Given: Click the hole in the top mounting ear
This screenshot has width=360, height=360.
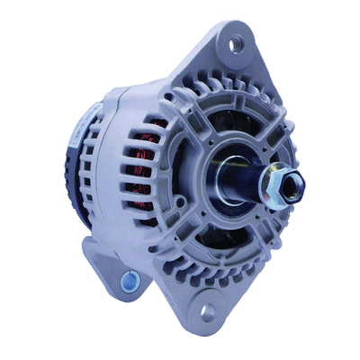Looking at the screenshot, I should pos(236,41).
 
